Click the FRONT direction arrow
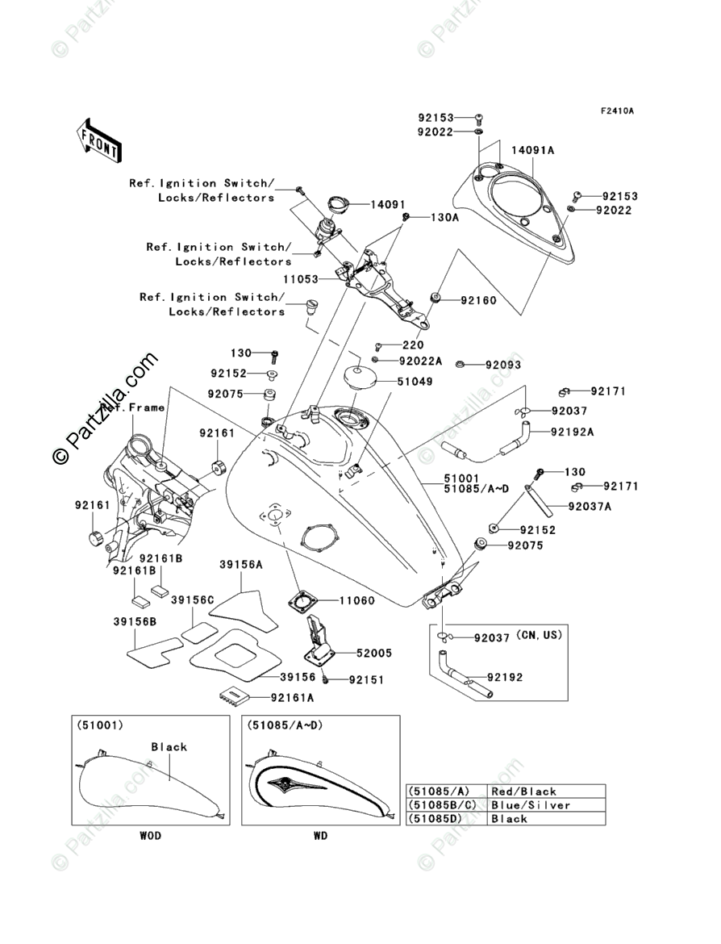tap(99, 138)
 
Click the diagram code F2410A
tap(615, 111)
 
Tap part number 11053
tap(300, 279)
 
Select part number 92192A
tap(572, 432)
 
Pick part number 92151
tap(366, 680)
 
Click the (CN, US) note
tap(539, 635)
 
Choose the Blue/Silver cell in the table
tap(530, 805)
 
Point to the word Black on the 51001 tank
tap(169, 747)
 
